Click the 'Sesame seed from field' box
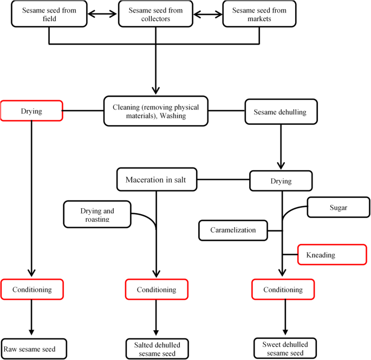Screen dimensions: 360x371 coord(49,15)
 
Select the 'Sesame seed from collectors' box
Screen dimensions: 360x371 coord(155,15)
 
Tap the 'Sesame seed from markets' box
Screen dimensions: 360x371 coord(259,15)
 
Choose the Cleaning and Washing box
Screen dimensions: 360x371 coord(156,112)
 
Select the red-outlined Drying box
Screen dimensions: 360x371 coord(31,111)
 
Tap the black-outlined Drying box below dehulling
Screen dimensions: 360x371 coord(281,181)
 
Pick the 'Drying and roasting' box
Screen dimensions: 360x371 coord(97,214)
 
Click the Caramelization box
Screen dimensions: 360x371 coord(233,230)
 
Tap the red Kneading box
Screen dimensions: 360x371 coord(331,254)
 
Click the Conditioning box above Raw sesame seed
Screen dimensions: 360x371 coord(31,290)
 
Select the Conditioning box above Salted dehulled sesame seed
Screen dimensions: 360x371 coord(157,290)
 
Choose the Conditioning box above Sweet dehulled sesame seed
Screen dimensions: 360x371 coord(283,290)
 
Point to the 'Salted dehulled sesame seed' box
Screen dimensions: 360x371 coord(157,349)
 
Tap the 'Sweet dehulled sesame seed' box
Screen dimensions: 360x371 coord(285,349)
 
